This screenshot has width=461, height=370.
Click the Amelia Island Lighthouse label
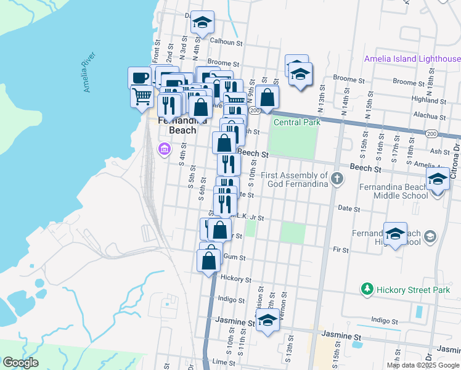pyautogui.click(x=412, y=59)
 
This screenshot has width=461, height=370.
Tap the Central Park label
pyautogui.click(x=297, y=122)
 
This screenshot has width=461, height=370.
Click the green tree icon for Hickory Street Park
pyautogui.click(x=367, y=289)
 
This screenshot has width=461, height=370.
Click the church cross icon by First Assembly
pyautogui.click(x=337, y=179)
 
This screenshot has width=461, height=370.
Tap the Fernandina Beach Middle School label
pyautogui.click(x=400, y=191)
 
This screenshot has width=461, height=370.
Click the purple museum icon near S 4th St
pyautogui.click(x=164, y=149)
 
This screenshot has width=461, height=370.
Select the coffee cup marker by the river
pyautogui.click(x=140, y=77)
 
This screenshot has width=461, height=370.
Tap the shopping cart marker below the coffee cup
pyautogui.click(x=142, y=96)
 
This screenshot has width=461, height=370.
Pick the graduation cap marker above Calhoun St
pyautogui.click(x=202, y=22)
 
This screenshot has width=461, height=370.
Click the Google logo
pyautogui.click(x=20, y=363)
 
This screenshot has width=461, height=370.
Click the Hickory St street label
pyautogui.click(x=233, y=278)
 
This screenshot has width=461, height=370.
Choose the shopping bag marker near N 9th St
pyautogui.click(x=267, y=97)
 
